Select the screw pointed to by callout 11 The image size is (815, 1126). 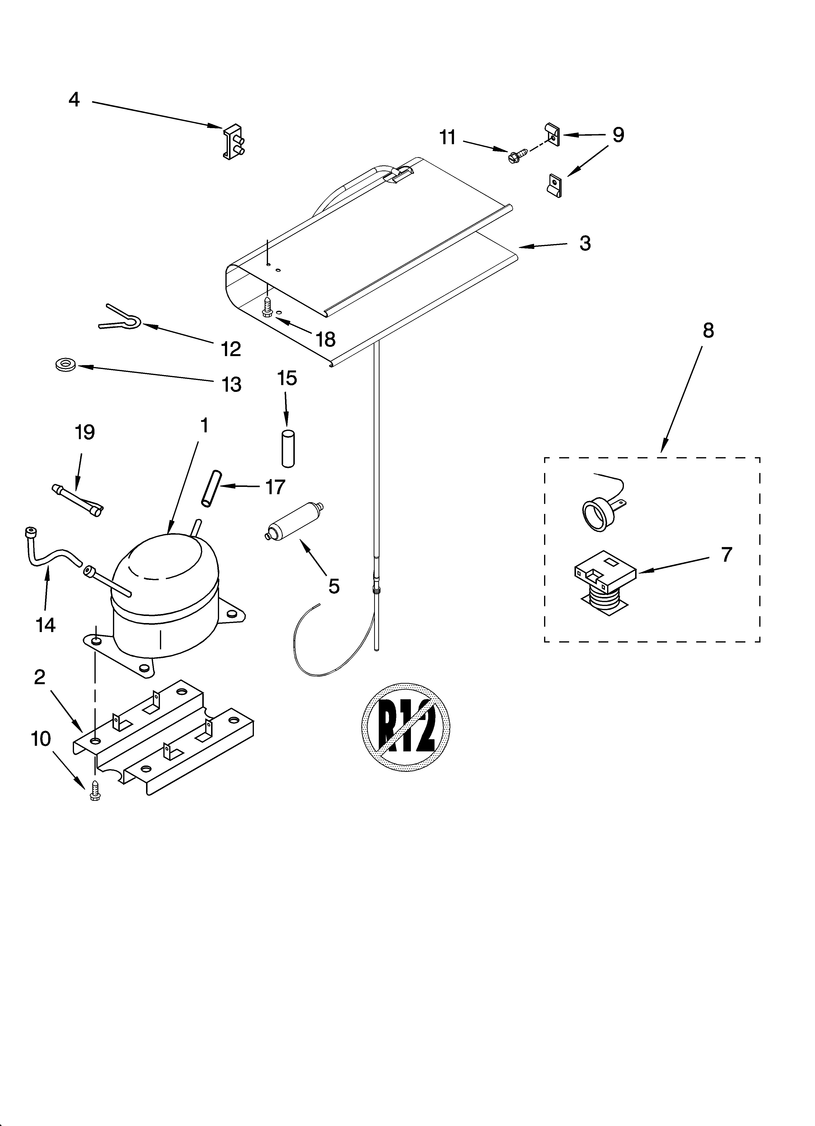click(514, 157)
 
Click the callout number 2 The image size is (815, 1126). click(40, 677)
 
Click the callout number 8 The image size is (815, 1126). click(708, 330)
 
